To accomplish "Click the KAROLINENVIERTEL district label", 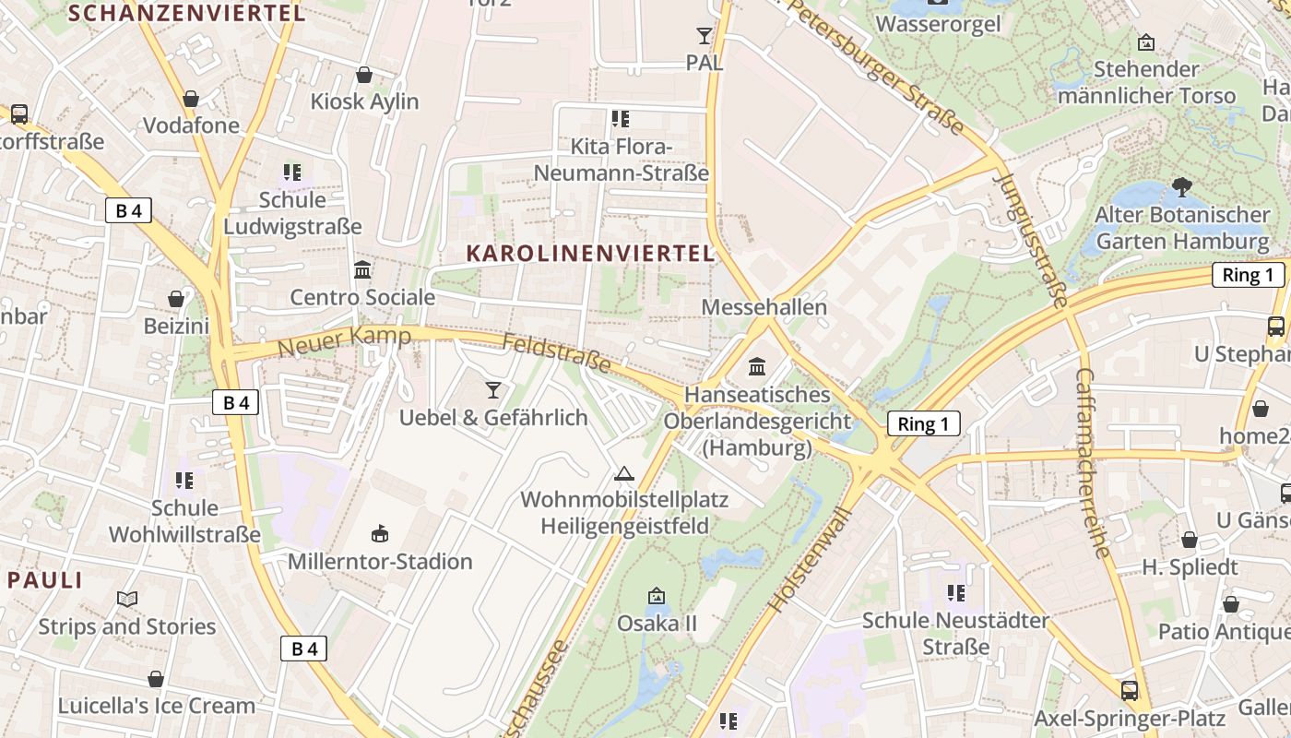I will (x=590, y=253).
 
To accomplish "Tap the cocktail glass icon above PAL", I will (x=705, y=36).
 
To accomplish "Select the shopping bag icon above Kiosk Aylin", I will (x=364, y=75).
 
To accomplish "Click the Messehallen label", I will (x=764, y=306).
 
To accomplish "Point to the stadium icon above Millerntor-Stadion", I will (x=379, y=533).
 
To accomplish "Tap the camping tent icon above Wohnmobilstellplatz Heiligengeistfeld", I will (x=624, y=474).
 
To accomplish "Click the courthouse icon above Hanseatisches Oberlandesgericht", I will (x=757, y=367).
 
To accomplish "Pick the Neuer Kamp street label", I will (x=344, y=341).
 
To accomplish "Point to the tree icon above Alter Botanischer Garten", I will (x=1181, y=187).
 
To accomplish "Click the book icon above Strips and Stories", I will (x=127, y=599).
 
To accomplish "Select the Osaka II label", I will (x=657, y=624).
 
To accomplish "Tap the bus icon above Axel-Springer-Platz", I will (x=1130, y=690).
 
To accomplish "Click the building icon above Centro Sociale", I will (x=362, y=270).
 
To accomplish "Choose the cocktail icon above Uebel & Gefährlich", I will (x=493, y=390).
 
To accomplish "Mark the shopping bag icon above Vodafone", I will (x=191, y=99).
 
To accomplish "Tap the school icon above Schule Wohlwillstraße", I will (x=184, y=481).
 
